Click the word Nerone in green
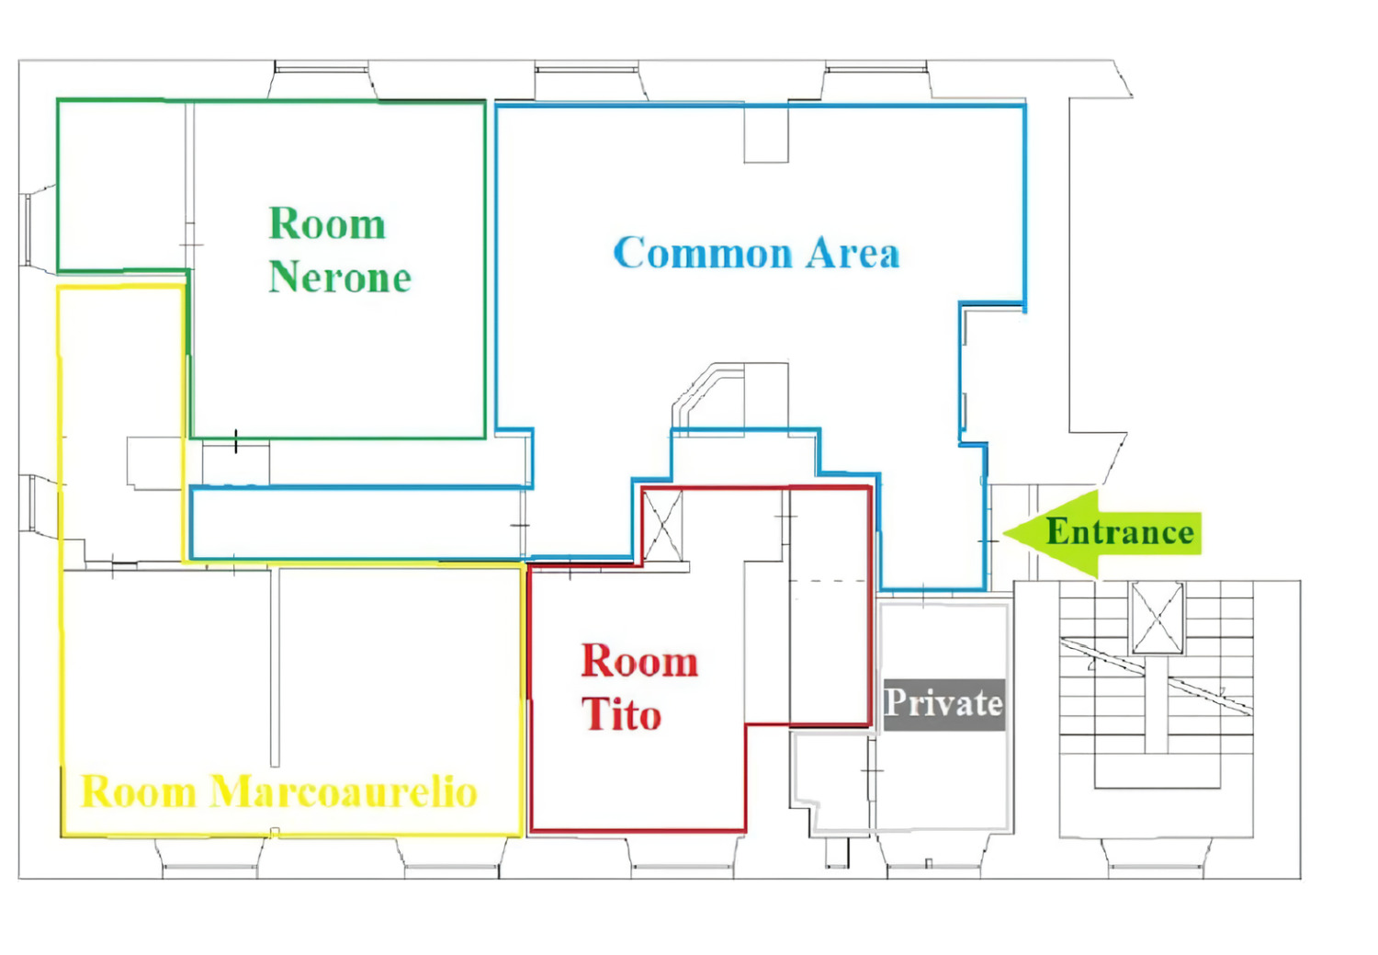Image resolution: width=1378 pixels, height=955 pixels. pyautogui.click(x=340, y=278)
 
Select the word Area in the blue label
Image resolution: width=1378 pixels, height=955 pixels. pyautogui.click(x=853, y=252)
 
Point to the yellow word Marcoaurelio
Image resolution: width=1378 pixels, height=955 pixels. pyautogui.click(x=344, y=791)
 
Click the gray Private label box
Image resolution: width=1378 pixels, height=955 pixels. pyautogui.click(x=944, y=705)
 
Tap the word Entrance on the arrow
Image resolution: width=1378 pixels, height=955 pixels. pyautogui.click(x=1120, y=531)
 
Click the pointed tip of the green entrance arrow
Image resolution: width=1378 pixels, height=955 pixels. pyautogui.click(x=1004, y=533)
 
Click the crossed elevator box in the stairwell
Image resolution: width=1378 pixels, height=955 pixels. pyautogui.click(x=1158, y=618)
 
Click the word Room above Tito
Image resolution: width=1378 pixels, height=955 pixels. pyautogui.click(x=639, y=661)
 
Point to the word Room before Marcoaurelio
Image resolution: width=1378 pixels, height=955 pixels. pyautogui.click(x=139, y=791)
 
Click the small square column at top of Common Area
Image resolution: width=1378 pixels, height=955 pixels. pyautogui.click(x=766, y=134)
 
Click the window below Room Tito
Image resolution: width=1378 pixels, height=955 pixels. pyautogui.click(x=683, y=858)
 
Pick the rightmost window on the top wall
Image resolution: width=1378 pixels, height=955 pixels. pyautogui.click(x=876, y=80)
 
